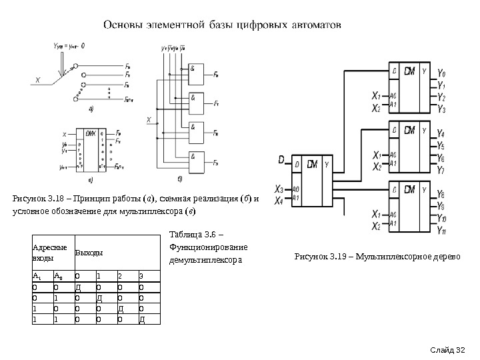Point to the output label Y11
coord(443,230)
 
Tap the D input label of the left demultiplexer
coord(281,160)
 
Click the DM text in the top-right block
coord(410,70)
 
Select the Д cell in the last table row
coord(141,319)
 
